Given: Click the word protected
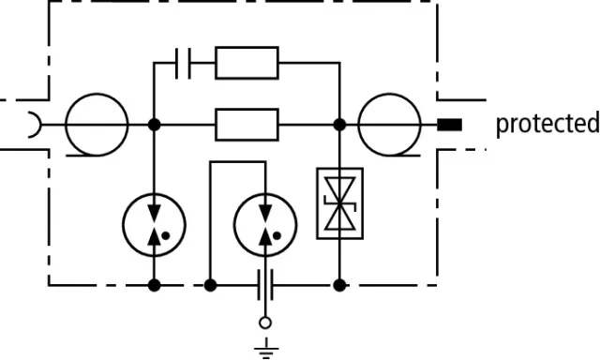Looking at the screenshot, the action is (547, 124).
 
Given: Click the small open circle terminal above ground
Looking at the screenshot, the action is (265, 322).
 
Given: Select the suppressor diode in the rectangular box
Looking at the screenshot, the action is (339, 203).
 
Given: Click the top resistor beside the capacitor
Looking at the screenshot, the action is (247, 63).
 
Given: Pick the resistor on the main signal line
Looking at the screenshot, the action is (247, 125).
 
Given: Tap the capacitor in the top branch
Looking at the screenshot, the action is (183, 63).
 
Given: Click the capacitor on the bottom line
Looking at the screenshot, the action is (265, 285).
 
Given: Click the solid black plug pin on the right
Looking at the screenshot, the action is (450, 125).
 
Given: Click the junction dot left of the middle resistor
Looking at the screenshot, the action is (154, 125).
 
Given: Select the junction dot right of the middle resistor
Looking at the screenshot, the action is (339, 125).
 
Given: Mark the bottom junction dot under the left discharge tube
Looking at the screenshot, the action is (154, 285).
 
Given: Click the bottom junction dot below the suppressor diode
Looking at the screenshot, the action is (339, 285).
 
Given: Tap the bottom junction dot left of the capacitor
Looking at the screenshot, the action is (210, 285).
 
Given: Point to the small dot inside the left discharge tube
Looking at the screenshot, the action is (166, 236).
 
